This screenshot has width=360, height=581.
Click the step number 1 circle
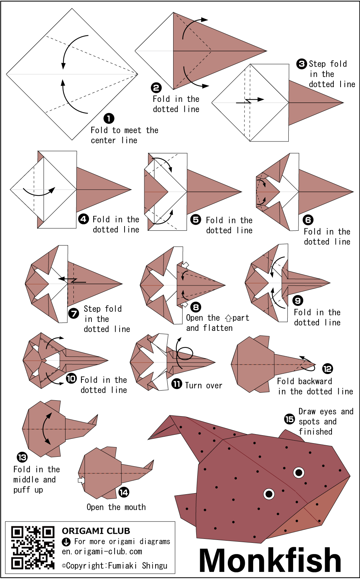pyautogui.click(x=109, y=118)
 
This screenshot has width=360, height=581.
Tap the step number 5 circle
pyautogui.click(x=195, y=219)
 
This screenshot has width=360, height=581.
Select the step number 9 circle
pyautogui.click(x=298, y=301)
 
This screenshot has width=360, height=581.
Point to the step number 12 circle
pyautogui.click(x=328, y=369)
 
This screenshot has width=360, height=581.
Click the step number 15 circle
pyautogui.click(x=289, y=419)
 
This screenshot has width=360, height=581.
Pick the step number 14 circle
pyautogui.click(x=124, y=492)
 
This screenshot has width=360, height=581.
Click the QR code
pyautogui.click(x=33, y=548)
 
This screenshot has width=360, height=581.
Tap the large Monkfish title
pyautogui.click(x=270, y=560)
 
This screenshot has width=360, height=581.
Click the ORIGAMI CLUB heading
pyautogui.click(x=96, y=531)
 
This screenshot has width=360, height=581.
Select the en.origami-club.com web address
pyautogui.click(x=102, y=551)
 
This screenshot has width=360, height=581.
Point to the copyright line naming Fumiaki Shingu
pyautogui.click(x=114, y=566)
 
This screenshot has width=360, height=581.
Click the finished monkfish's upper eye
pyautogui.click(x=299, y=472)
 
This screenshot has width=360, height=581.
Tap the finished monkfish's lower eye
pyautogui.click(x=269, y=494)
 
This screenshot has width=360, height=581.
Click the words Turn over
pyautogui.click(x=203, y=386)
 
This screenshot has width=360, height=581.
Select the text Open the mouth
pyautogui.click(x=116, y=507)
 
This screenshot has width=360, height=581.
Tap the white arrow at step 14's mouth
pyautogui.click(x=81, y=480)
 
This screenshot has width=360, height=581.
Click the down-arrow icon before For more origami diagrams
pyautogui.click(x=66, y=542)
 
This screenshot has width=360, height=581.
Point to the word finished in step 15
pyautogui.click(x=315, y=432)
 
